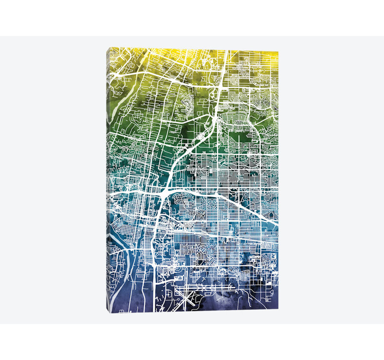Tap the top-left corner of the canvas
109,48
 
